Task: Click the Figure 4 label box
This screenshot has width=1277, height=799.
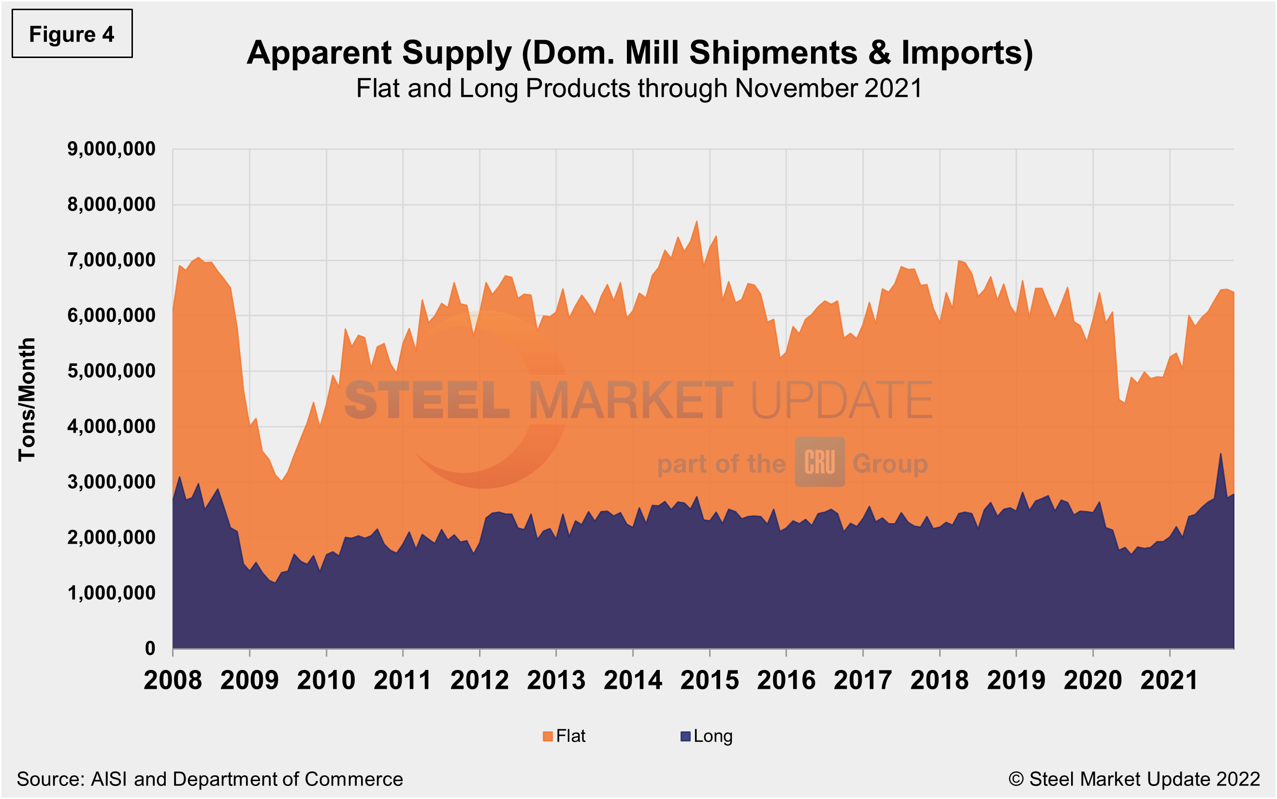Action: point(72,34)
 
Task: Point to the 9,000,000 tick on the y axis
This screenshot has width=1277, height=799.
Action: point(111,149)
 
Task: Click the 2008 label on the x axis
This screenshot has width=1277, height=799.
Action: point(173,680)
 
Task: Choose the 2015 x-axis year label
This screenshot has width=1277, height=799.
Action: point(709,680)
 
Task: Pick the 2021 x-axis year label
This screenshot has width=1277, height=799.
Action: point(1169,680)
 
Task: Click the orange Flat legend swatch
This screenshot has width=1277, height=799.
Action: point(547,736)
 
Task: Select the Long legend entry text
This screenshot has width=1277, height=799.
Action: point(713,736)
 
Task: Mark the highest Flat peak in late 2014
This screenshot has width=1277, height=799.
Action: point(697,221)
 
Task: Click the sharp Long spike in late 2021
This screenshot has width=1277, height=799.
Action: point(1220,453)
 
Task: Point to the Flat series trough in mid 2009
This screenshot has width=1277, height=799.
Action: point(282,481)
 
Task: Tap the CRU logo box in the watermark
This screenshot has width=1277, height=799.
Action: point(819,462)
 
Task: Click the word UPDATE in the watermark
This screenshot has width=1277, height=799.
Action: point(841,400)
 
